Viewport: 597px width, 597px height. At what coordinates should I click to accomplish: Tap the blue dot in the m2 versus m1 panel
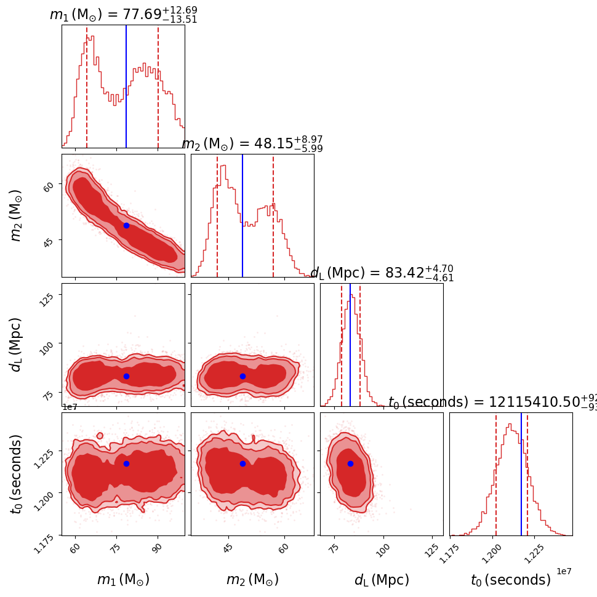(x=126, y=225)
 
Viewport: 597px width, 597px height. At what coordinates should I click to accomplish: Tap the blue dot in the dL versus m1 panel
(x=126, y=376)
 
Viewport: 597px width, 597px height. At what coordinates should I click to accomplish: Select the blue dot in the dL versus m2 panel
(x=242, y=376)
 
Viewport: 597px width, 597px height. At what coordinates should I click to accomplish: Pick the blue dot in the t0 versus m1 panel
(x=126, y=463)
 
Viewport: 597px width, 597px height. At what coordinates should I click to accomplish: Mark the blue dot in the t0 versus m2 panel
(x=242, y=463)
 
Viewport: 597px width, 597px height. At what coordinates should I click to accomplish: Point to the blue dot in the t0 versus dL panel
(x=350, y=463)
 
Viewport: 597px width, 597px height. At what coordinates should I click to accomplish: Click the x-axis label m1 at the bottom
(x=123, y=580)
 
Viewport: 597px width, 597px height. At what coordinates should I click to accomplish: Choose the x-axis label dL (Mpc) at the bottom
(x=382, y=580)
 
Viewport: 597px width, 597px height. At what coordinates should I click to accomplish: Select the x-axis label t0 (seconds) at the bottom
(x=511, y=580)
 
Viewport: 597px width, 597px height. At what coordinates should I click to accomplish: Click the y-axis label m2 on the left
(x=17, y=215)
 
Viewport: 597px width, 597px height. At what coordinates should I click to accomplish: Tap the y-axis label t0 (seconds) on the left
(x=17, y=474)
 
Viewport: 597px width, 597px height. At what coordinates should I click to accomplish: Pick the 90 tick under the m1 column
(x=158, y=547)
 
